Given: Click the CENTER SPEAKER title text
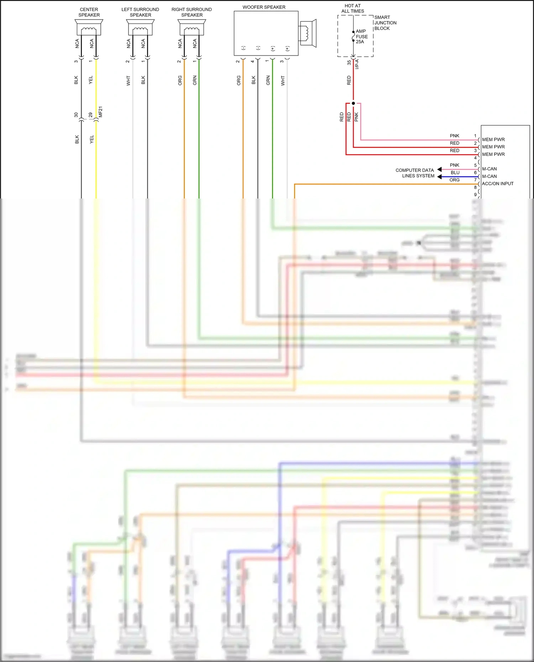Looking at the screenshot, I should click(x=89, y=12).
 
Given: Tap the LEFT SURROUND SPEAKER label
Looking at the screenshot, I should click(x=140, y=12).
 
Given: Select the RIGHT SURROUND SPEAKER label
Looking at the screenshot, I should click(x=192, y=12).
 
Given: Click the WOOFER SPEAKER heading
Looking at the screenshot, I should click(x=264, y=7).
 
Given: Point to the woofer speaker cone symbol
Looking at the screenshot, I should click(x=308, y=33).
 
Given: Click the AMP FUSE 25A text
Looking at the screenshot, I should click(x=361, y=37).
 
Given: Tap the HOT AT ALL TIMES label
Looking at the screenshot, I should click(x=352, y=9).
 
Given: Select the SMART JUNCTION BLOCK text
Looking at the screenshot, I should click(x=385, y=23).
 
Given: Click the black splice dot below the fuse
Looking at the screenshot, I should click(x=353, y=103).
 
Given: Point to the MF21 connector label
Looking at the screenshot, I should click(x=100, y=112).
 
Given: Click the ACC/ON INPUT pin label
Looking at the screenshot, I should click(x=497, y=184).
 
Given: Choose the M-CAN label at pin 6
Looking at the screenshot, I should click(x=489, y=176).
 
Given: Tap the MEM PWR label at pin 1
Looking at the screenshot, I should click(x=493, y=139).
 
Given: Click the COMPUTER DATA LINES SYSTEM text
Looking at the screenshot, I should click(x=415, y=173).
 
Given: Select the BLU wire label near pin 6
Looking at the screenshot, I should click(x=455, y=173).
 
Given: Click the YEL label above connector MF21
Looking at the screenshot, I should click(x=91, y=80).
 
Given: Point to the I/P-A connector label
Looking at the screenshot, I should click(x=357, y=64).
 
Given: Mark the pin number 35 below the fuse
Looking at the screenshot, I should click(x=349, y=62).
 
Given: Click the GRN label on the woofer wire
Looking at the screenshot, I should click(x=268, y=80).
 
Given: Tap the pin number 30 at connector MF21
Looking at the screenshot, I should click(x=76, y=115).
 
